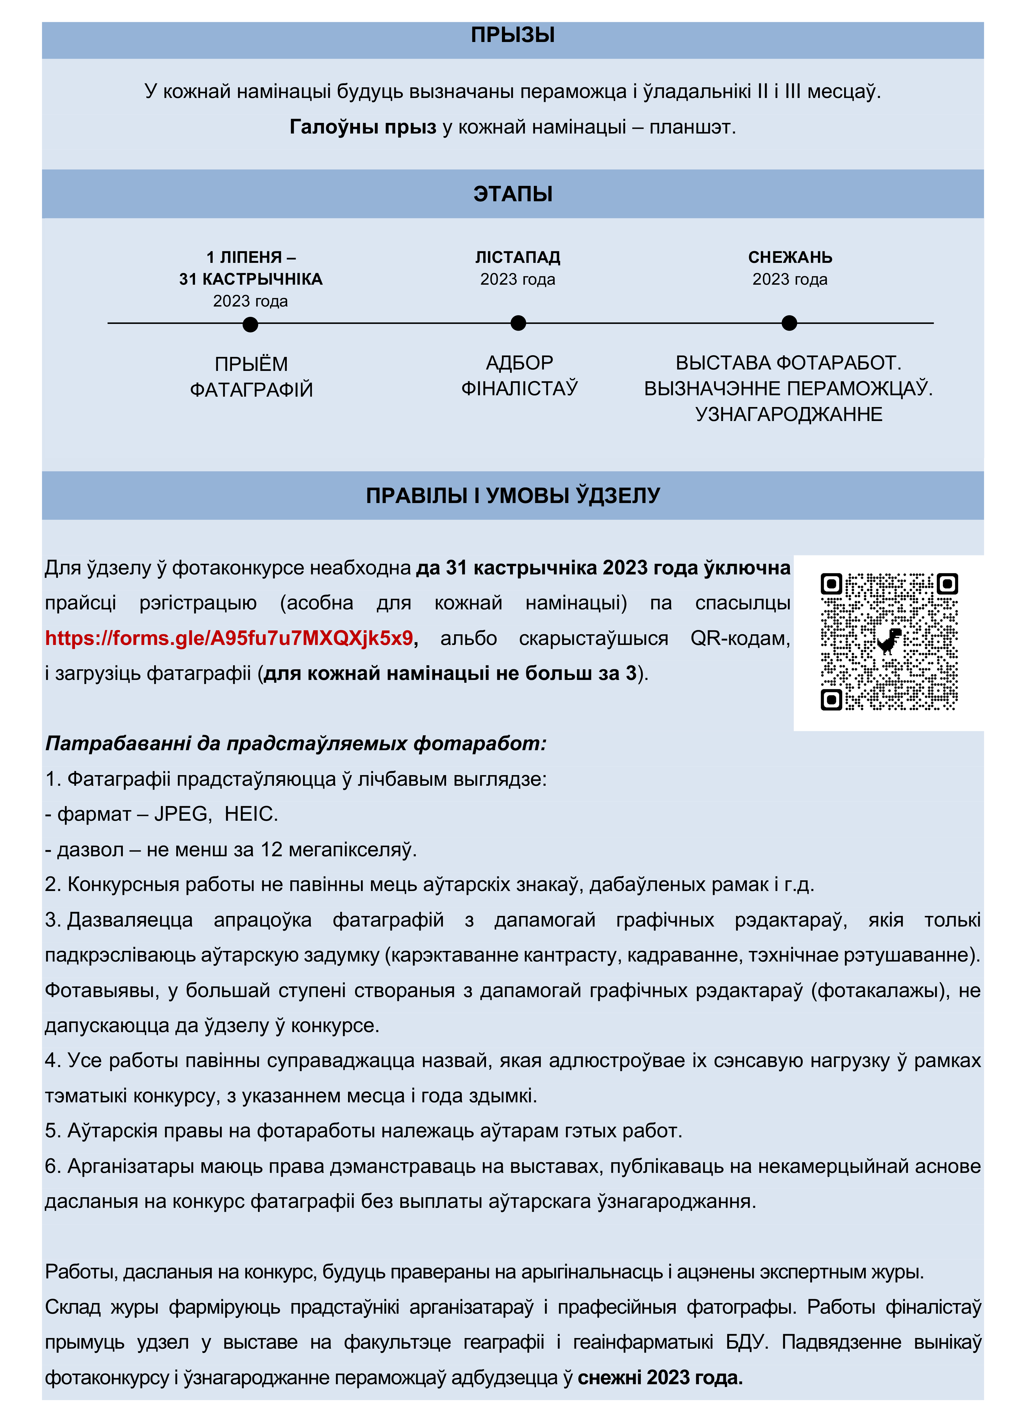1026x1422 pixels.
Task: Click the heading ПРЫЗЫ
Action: click(x=513, y=35)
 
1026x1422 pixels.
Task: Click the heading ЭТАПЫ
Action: click(x=513, y=194)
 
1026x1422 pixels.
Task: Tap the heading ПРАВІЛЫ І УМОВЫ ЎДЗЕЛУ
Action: click(x=513, y=495)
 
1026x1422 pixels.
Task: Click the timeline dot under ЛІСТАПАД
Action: click(x=518, y=323)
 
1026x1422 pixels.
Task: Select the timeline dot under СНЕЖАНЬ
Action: click(x=789, y=323)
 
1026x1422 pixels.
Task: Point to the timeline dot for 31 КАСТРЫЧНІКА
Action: click(x=250, y=324)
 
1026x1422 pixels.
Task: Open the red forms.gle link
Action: click(x=229, y=638)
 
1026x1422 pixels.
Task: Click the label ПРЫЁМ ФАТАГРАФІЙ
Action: click(x=251, y=377)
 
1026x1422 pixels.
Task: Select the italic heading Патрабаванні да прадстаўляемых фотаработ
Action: click(x=296, y=743)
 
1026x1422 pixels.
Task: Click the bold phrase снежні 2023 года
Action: click(x=660, y=1377)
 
